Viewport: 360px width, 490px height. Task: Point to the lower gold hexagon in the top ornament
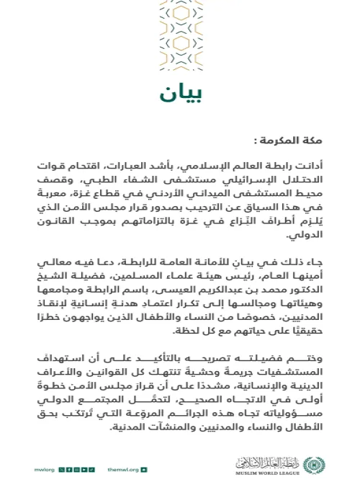(x=180, y=54)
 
